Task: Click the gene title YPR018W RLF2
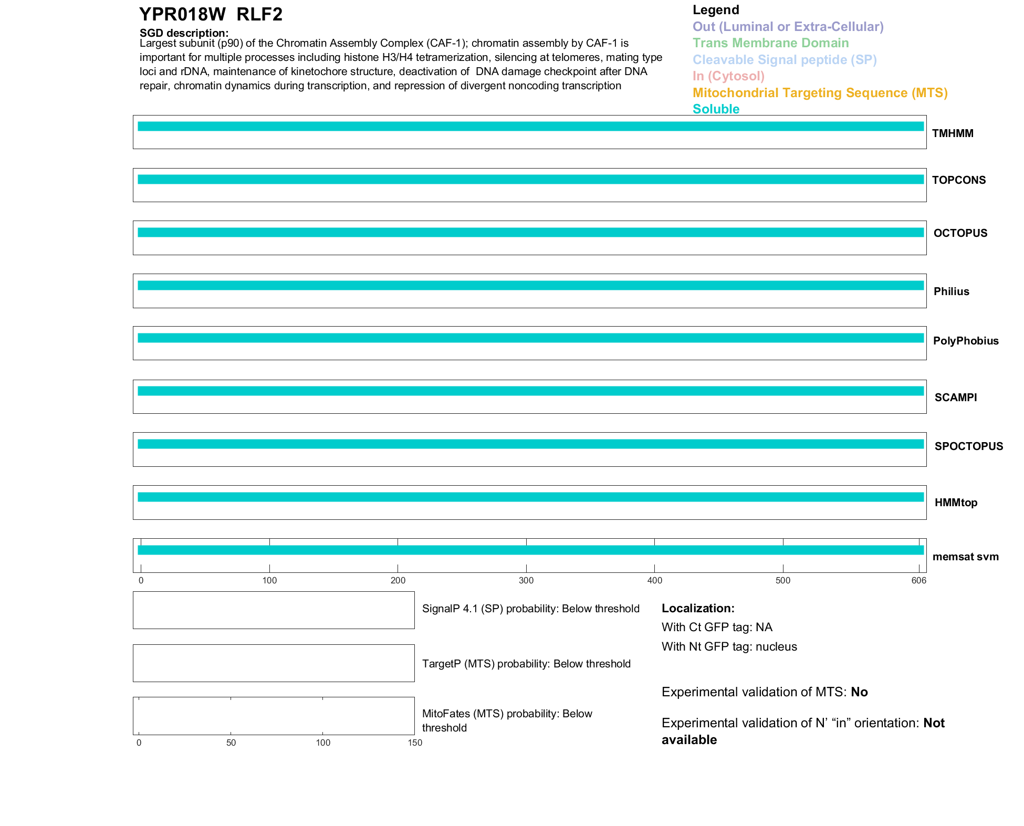211,15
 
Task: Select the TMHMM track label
953,133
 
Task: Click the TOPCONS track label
959,180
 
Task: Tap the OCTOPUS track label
960,233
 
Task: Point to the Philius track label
951,291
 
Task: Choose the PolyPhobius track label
966,341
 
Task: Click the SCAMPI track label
956,398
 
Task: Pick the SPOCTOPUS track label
968,446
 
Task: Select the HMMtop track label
956,503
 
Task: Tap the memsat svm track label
965,557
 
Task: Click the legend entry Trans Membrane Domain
770,43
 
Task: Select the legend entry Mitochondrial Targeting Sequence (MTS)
820,93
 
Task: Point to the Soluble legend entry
716,109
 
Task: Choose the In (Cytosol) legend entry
728,76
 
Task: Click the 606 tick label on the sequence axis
918,580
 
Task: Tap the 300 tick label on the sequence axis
526,580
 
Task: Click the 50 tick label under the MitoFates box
231,743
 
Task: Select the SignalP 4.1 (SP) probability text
530,609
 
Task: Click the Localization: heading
698,609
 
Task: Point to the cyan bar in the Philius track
530,286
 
